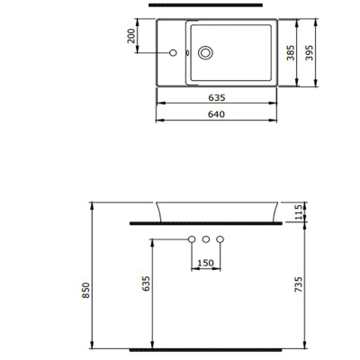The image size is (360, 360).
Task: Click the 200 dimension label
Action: click(133, 35)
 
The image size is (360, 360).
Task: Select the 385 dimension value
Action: click(290, 52)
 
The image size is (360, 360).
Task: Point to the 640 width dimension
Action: click(217, 113)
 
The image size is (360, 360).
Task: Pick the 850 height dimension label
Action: click(86, 289)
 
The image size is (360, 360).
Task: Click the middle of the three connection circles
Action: click(206, 239)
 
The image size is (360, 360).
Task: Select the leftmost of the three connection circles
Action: click(192, 239)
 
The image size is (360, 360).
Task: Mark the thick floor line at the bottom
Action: click(217, 347)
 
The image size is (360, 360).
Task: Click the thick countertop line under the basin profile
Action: click(217, 220)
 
